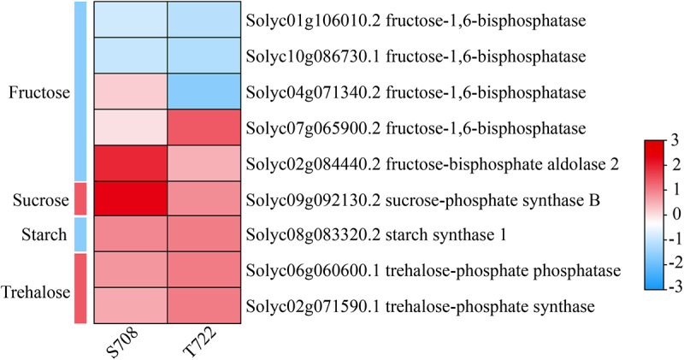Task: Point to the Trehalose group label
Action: pos(36,288)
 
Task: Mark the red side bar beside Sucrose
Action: pos(80,199)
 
